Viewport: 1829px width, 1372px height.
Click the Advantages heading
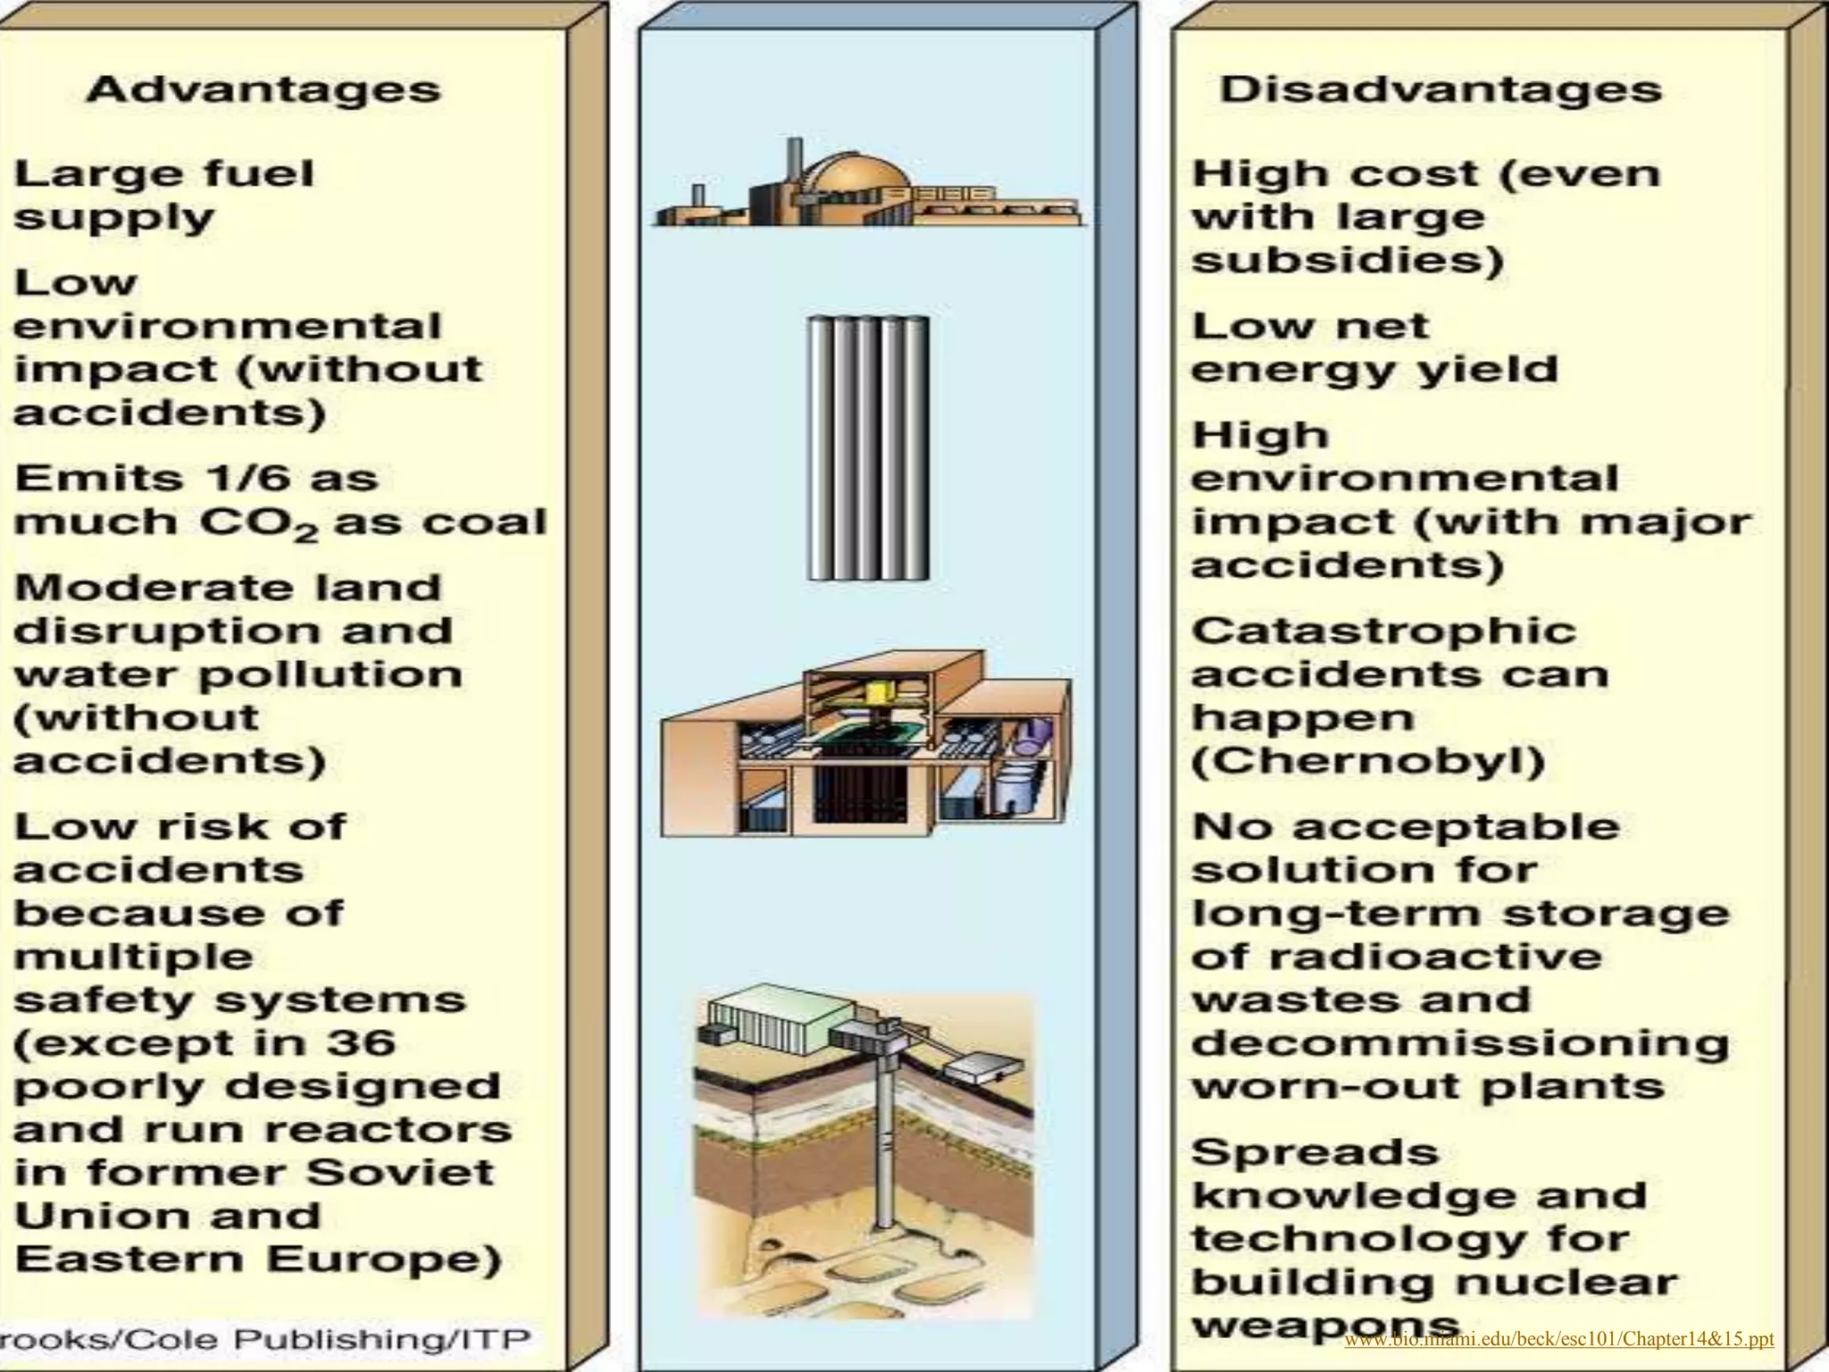[x=263, y=90]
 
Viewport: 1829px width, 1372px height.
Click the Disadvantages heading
[x=1441, y=90]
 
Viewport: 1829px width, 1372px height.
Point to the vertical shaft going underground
[x=884, y=1152]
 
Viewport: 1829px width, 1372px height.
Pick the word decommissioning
[x=1460, y=1043]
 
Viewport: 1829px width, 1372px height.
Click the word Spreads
[x=1315, y=1152]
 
